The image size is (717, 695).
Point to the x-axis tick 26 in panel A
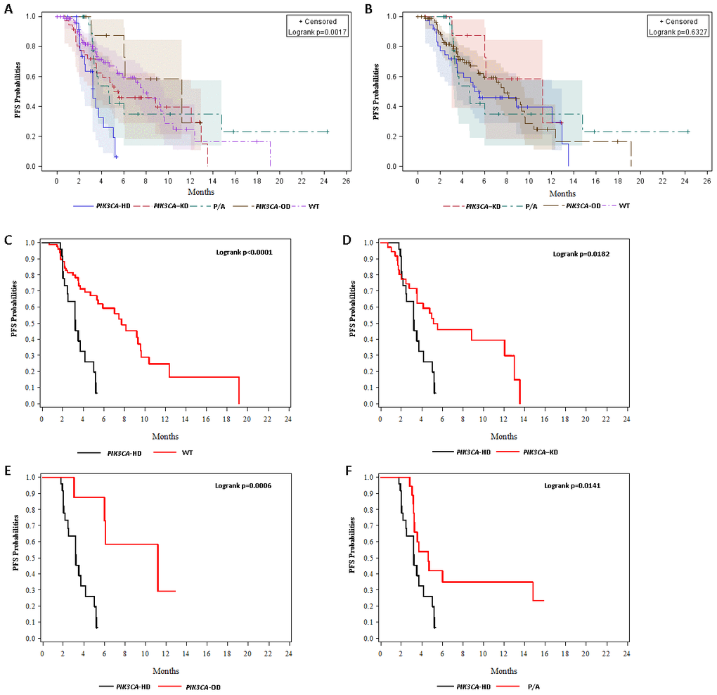(x=344, y=179)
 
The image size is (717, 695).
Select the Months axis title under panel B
(x=562, y=193)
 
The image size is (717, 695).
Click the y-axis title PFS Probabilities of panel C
(x=15, y=323)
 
